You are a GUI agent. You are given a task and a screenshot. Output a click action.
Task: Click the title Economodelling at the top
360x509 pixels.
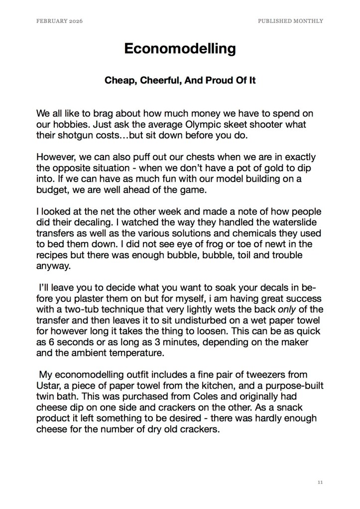(x=180, y=49)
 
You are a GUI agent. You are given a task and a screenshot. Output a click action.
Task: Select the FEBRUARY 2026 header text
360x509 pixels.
(x=59, y=21)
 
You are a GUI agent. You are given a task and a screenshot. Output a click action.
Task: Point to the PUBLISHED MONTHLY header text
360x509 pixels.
(x=290, y=21)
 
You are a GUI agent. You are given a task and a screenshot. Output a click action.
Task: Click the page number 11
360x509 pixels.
(x=320, y=482)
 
